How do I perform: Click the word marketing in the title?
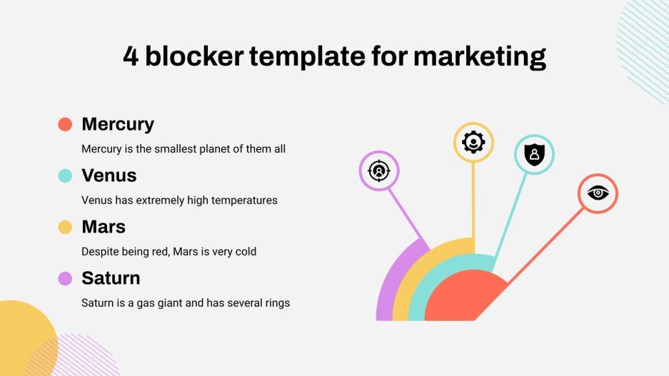pyautogui.click(x=480, y=56)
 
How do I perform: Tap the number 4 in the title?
pyautogui.click(x=131, y=56)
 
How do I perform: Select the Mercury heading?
pyautogui.click(x=118, y=124)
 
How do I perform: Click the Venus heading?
pyautogui.click(x=109, y=176)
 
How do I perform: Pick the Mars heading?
pyautogui.click(x=104, y=227)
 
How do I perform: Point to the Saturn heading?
pyautogui.click(x=111, y=278)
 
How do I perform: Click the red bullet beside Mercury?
pyautogui.click(x=65, y=125)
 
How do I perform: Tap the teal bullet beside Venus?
pyautogui.click(x=65, y=176)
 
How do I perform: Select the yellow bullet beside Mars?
pyautogui.click(x=65, y=228)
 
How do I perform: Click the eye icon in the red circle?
pyautogui.click(x=597, y=193)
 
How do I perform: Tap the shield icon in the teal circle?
pyautogui.click(x=534, y=154)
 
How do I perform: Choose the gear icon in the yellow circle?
pyautogui.click(x=473, y=143)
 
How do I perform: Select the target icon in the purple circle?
pyautogui.click(x=378, y=171)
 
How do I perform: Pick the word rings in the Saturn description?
pyautogui.click(x=275, y=303)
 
